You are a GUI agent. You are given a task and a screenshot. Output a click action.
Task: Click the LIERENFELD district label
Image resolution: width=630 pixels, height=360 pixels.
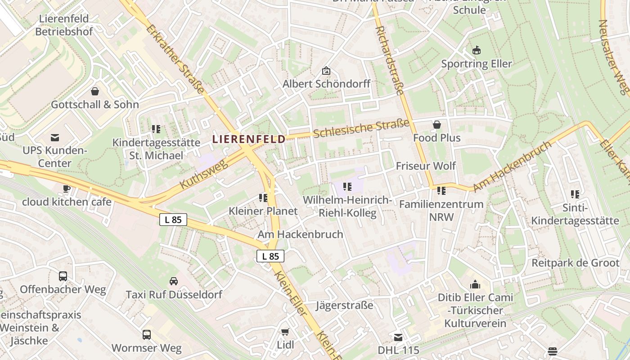(249, 139)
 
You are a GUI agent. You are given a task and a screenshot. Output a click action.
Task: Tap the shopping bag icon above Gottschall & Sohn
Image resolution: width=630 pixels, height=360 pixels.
(95, 92)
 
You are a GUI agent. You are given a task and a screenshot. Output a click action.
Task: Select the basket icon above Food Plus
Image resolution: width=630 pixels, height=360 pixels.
(436, 125)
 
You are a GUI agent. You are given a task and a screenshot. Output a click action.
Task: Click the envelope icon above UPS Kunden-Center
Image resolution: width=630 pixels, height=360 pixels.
(54, 138)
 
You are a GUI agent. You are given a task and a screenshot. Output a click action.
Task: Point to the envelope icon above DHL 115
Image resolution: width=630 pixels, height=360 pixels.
(398, 337)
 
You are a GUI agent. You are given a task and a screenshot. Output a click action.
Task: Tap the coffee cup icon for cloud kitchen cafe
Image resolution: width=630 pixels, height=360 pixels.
(67, 189)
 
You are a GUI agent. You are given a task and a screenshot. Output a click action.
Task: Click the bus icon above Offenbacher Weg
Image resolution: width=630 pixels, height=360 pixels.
(63, 276)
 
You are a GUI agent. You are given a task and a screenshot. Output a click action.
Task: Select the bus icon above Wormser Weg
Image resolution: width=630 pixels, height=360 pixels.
(147, 335)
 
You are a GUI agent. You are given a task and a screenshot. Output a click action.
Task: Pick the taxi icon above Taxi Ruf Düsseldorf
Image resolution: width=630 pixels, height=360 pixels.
(173, 282)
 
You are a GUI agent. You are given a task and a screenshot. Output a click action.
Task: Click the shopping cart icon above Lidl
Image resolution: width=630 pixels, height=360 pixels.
(285, 332)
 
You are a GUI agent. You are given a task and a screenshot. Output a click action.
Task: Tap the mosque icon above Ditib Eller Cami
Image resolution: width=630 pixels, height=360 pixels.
(475, 284)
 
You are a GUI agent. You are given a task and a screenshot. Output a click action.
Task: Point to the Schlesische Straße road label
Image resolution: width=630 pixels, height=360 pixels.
(361, 129)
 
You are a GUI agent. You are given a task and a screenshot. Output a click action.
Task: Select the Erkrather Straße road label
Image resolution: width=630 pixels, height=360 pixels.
(175, 58)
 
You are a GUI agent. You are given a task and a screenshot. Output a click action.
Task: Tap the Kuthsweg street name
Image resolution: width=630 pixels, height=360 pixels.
(204, 174)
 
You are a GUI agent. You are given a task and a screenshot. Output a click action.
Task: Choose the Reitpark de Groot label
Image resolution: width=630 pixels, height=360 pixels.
(576, 263)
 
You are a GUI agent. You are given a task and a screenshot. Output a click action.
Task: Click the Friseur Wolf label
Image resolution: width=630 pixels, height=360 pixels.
(426, 166)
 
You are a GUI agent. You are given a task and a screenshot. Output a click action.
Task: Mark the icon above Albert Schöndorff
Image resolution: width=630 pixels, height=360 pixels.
(326, 71)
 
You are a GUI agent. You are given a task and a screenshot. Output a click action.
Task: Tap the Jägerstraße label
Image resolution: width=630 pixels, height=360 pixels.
(345, 305)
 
